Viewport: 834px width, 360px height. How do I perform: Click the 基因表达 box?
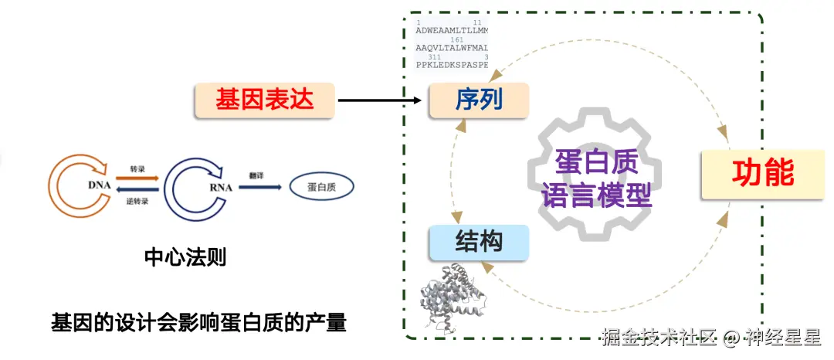pos(264,100)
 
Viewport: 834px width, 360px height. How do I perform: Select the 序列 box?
pos(479,101)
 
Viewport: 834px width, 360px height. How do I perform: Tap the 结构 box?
pos(479,242)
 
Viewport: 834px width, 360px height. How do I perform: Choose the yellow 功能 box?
pos(762,174)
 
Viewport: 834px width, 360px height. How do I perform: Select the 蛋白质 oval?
pos(320,187)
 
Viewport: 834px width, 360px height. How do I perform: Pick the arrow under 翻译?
pos(259,187)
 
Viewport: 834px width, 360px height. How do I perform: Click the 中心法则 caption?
pos(185,257)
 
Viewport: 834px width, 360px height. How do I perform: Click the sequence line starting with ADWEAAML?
pos(452,31)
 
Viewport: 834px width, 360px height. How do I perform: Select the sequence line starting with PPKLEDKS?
pos(452,65)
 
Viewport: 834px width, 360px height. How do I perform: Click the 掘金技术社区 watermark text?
pos(660,338)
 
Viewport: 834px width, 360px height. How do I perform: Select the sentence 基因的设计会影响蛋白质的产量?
pos(198,322)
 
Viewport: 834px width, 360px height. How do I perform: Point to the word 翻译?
pos(258,175)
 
